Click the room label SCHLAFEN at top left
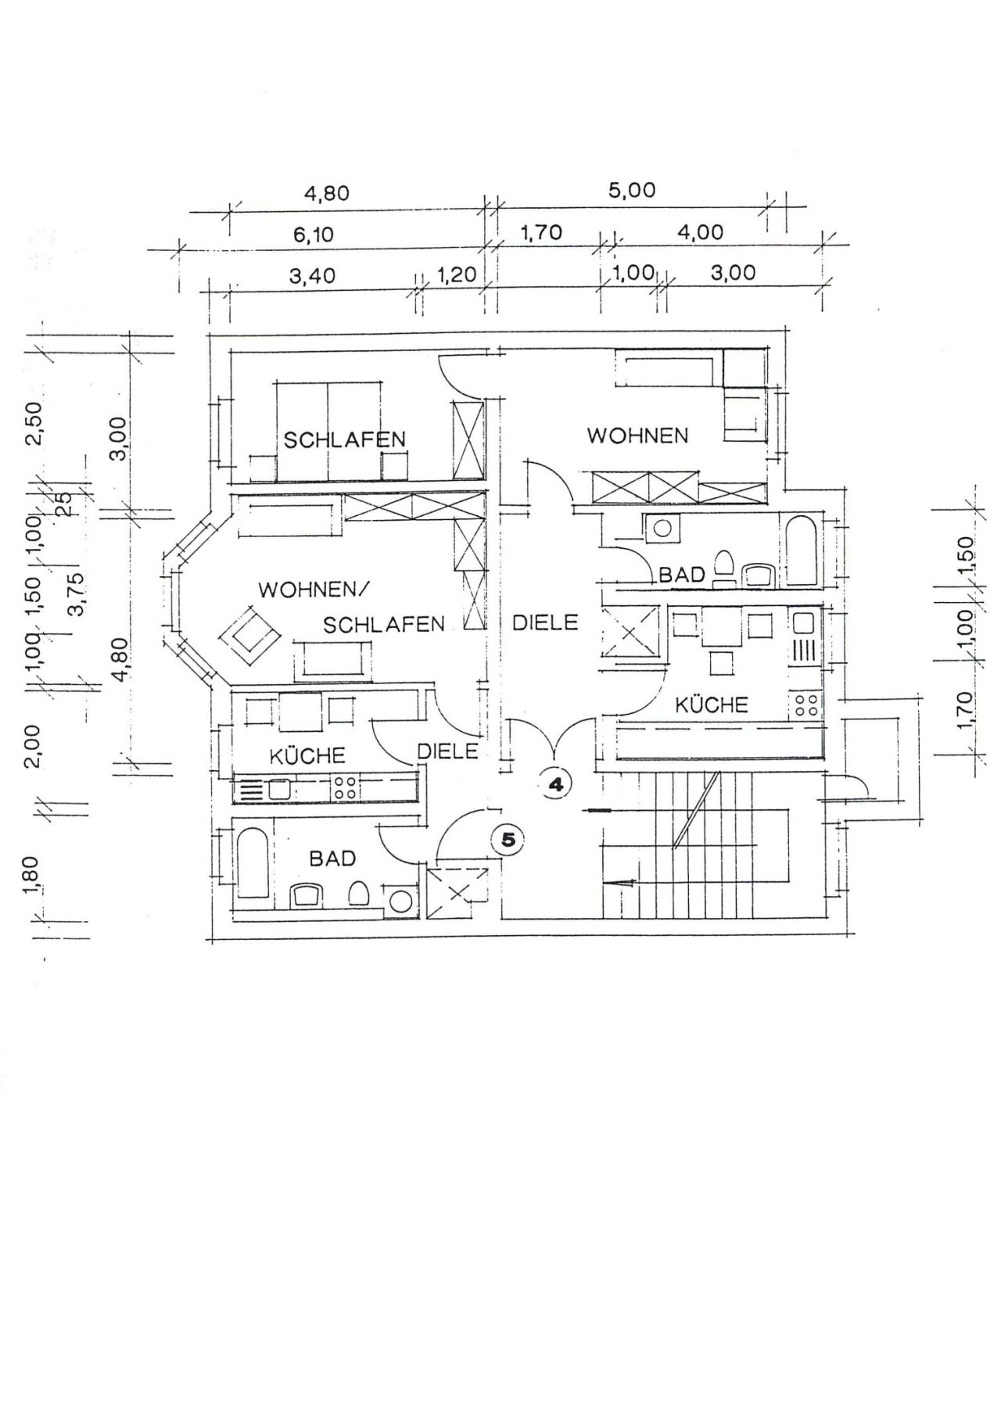click(345, 439)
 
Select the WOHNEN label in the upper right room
click(637, 436)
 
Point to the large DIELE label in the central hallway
click(545, 622)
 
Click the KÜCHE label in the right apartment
click(711, 705)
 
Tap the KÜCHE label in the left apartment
click(307, 756)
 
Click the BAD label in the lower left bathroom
click(332, 859)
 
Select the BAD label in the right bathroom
click(682, 575)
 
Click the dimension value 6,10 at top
click(313, 235)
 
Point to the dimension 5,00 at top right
click(632, 191)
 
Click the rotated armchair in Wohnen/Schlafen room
click(249, 636)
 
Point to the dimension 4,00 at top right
click(700, 232)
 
